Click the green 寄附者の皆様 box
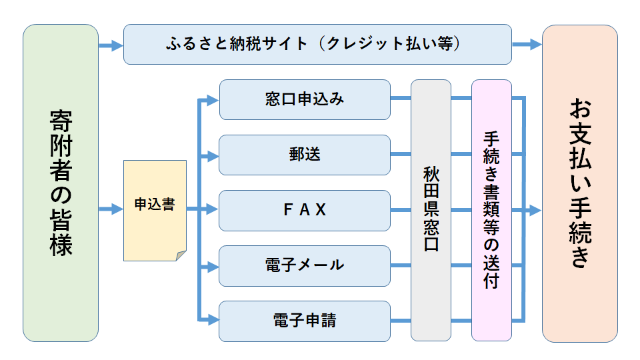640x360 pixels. point(61,183)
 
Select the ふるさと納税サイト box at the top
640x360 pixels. point(317,45)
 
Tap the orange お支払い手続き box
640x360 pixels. point(579,183)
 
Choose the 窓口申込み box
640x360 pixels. point(305,100)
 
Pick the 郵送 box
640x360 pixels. point(305,155)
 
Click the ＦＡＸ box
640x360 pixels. point(305,210)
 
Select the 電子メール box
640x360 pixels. point(305,265)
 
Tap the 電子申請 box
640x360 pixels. point(305,321)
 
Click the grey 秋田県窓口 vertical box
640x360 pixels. point(431,210)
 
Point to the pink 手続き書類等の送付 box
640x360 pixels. point(491,210)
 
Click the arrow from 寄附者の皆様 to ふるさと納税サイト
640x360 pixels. point(111,45)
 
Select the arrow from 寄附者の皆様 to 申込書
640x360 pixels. point(111,210)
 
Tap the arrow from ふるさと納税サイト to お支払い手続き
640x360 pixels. point(527,45)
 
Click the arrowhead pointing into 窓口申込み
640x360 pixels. point(213,101)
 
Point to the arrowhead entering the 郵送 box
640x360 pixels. point(213,156)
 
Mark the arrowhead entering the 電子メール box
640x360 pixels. point(213,266)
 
